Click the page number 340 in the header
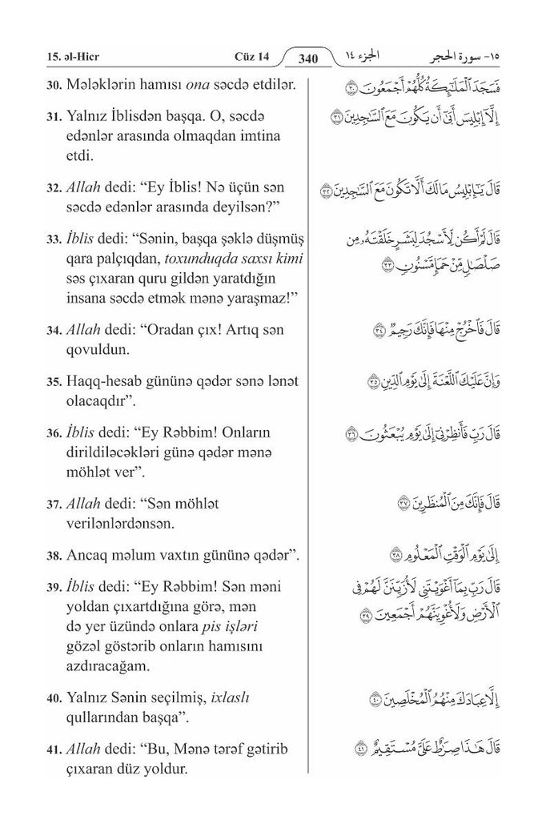coord(308,58)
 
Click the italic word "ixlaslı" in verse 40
coord(231,697)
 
